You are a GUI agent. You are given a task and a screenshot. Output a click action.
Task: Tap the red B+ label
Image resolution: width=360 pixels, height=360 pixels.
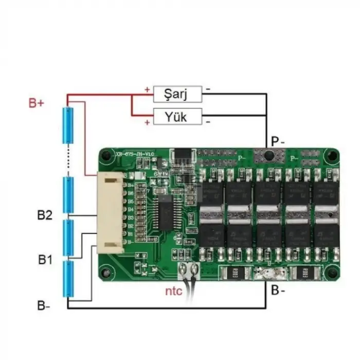click(37, 103)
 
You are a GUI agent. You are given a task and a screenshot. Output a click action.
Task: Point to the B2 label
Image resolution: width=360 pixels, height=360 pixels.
click(45, 215)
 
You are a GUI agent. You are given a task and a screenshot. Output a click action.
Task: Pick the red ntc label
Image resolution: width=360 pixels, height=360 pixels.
click(174, 291)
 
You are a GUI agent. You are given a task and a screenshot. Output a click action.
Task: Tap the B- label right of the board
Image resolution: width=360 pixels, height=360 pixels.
click(278, 291)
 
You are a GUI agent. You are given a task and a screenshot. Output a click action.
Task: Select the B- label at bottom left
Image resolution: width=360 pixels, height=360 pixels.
click(44, 305)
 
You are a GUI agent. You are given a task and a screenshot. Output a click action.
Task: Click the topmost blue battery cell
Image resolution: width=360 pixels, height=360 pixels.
click(67, 125)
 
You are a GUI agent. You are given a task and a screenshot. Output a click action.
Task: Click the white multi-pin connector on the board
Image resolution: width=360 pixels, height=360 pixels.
click(112, 212)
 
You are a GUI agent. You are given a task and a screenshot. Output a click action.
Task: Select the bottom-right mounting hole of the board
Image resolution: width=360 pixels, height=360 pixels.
click(331, 273)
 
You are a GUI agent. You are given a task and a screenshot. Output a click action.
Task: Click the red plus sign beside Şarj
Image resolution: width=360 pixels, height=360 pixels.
click(148, 91)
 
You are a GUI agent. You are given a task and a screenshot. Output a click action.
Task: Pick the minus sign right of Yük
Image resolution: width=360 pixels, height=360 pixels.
click(208, 122)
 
